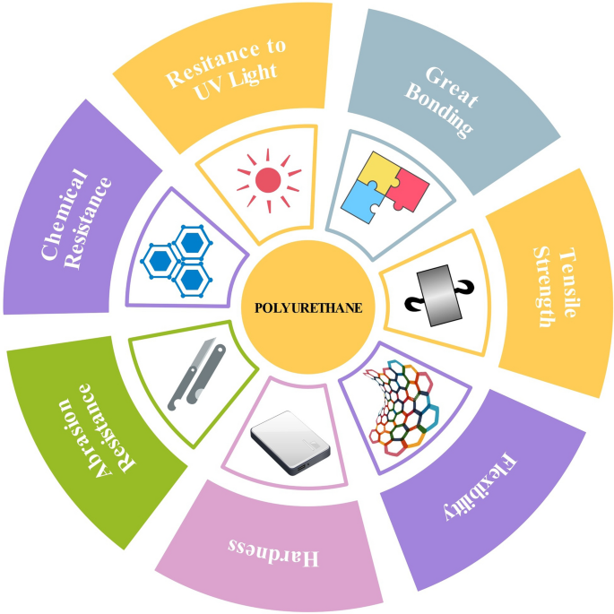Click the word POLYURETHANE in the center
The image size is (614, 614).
(x=308, y=307)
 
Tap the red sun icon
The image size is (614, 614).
(x=269, y=180)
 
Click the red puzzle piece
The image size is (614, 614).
(x=407, y=189)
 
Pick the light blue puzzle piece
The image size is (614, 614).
(x=363, y=202)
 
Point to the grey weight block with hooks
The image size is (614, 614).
(x=439, y=296)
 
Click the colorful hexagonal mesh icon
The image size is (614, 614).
(x=402, y=408)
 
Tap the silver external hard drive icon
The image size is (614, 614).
(x=290, y=443)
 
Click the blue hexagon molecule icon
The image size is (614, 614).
(x=177, y=261)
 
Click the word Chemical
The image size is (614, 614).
(x=65, y=214)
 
